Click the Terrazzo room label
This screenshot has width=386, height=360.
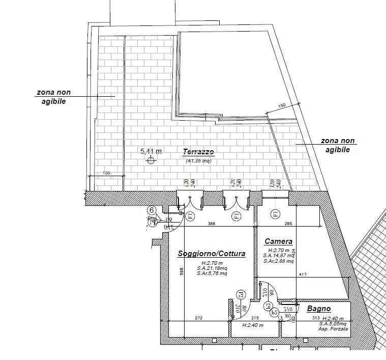tap(198, 152)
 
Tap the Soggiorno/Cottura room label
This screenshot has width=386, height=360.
tap(212, 254)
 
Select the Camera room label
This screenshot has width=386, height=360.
tap(278, 241)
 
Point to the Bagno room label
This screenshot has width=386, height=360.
tap(319, 309)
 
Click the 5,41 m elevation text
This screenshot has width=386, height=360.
tap(151, 151)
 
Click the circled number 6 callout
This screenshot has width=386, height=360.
tap(151, 210)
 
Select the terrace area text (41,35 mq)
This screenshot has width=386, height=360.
tap(198, 161)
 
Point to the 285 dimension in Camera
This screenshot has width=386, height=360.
tap(288, 224)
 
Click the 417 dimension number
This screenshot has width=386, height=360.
tap(303, 275)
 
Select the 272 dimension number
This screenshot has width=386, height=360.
tap(198, 318)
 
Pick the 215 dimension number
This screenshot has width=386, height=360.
tap(256, 318)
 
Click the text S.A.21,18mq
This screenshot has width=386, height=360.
tap(212, 268)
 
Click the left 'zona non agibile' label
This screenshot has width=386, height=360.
tap(53, 97)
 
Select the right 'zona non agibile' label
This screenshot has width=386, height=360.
tap(338, 145)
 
